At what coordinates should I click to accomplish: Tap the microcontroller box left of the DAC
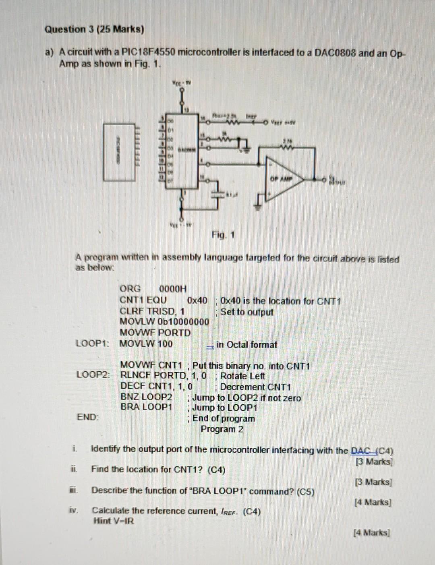119,152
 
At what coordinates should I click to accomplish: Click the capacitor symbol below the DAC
220,194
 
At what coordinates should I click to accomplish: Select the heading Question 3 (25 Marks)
94,29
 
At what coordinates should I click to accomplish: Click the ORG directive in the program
130,289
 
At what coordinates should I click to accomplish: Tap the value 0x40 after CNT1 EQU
197,300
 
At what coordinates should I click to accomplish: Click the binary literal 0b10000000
184,322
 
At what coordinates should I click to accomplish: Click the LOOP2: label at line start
93,375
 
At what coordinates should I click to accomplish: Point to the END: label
88,417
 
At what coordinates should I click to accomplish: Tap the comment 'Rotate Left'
242,376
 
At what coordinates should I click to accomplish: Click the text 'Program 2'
222,429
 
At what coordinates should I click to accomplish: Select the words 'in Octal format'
246,345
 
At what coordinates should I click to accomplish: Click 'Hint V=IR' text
114,521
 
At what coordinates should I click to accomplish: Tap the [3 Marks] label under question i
374,462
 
